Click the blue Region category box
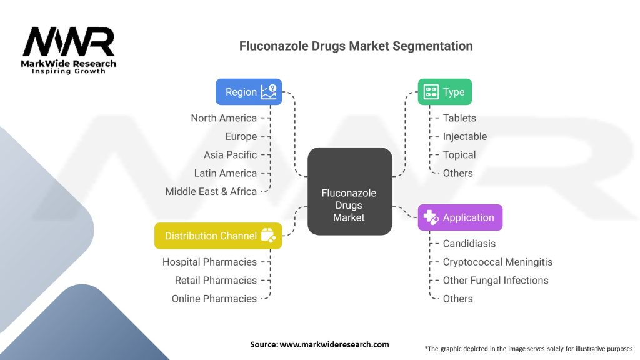pyautogui.click(x=249, y=92)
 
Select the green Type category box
pyautogui.click(x=444, y=92)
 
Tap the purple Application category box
pyautogui.click(x=459, y=217)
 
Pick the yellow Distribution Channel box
pyautogui.click(x=217, y=236)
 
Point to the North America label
pyautogui.click(x=224, y=118)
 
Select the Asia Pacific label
pyautogui.click(x=230, y=155)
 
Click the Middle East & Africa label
pyautogui.click(x=211, y=192)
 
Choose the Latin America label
pyautogui.click(x=225, y=173)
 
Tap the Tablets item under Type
pyautogui.click(x=459, y=118)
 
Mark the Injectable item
pyautogui.click(x=464, y=136)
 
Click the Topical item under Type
pyautogui.click(x=459, y=155)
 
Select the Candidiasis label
pyautogui.click(x=469, y=244)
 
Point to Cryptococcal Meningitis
pyautogui.click(x=497, y=262)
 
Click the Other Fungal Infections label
pyautogui.click(x=496, y=281)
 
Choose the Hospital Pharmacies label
pyautogui.click(x=209, y=262)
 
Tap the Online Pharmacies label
pyautogui.click(x=214, y=299)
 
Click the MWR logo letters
pyautogui.click(x=69, y=43)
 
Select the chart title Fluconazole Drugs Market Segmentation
pyautogui.click(x=356, y=46)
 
